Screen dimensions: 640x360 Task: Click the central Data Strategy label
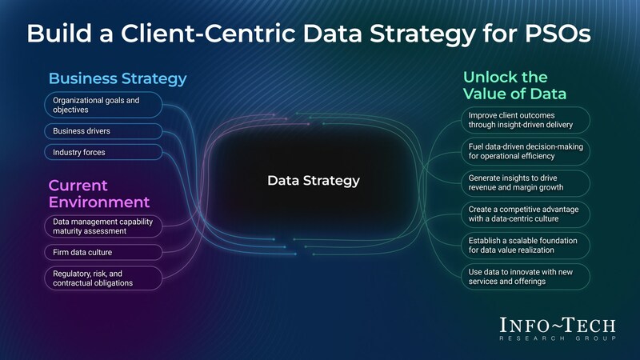point(314,181)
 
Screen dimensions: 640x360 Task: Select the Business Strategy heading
point(118,78)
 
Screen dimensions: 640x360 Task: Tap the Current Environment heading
point(99,194)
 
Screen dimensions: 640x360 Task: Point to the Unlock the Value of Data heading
point(514,86)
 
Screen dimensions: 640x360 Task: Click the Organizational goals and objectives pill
point(103,105)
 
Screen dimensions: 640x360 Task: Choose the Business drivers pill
point(103,131)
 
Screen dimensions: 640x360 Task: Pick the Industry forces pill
point(103,152)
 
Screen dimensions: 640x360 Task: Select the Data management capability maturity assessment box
point(103,226)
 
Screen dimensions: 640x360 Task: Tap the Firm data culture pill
point(103,252)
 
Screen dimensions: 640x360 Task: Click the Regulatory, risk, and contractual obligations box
point(103,278)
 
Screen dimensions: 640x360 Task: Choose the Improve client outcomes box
point(526,120)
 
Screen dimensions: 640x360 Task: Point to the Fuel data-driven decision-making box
point(526,151)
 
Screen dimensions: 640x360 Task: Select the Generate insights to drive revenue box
point(526,183)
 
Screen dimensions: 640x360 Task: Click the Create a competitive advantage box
point(526,214)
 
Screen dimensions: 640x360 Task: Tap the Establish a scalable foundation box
point(526,246)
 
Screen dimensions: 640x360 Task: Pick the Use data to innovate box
point(526,277)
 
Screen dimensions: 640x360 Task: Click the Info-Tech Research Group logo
point(558,329)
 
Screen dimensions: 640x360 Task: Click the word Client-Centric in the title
point(208,34)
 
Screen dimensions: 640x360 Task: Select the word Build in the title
point(59,34)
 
